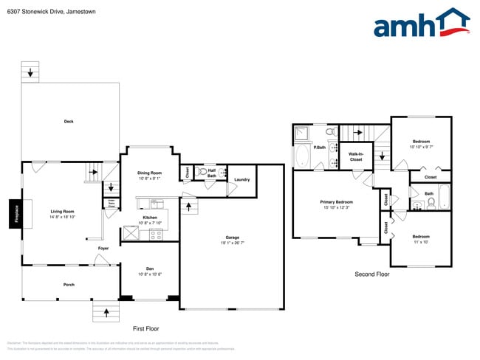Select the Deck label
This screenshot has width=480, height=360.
(x=69, y=122)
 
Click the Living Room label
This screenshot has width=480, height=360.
(x=62, y=212)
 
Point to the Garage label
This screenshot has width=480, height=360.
(x=232, y=238)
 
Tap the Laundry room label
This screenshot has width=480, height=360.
(x=241, y=180)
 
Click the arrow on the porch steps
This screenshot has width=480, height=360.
(x=106, y=313)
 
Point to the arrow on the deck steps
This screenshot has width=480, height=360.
(x=30, y=72)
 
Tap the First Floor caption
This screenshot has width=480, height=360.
(x=145, y=328)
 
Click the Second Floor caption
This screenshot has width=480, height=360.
(x=371, y=274)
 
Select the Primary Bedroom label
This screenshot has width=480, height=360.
(x=336, y=202)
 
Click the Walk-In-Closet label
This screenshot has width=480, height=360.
(x=355, y=156)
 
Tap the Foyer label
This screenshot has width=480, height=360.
(x=103, y=249)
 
